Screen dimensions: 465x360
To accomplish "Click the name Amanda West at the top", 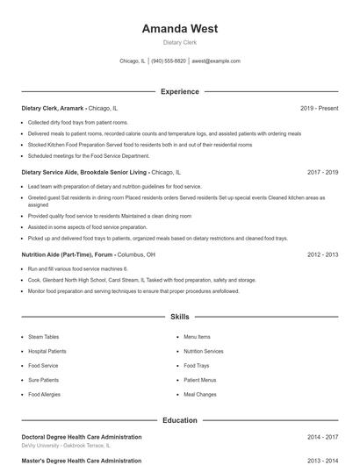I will coord(179,28).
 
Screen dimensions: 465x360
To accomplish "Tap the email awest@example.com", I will coord(215,61).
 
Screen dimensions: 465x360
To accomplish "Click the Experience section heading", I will coord(179,91).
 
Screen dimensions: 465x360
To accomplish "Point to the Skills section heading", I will coord(179,316).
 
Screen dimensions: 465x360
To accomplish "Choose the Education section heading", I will coord(179,420).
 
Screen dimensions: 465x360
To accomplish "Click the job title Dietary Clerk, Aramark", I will coord(52,108).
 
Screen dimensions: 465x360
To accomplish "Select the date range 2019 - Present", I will coord(319,108).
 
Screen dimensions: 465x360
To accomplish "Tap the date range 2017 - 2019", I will coord(322,173).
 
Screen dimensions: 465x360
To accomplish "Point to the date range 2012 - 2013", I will coord(322,254).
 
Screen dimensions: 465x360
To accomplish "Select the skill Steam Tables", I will coord(43,336).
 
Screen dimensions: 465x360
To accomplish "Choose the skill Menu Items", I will coord(197,336).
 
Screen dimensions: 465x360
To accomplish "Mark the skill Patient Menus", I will coord(199,380).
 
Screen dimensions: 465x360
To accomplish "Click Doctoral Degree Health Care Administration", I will coord(81,436).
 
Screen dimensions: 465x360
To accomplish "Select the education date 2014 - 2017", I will coord(322,436).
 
